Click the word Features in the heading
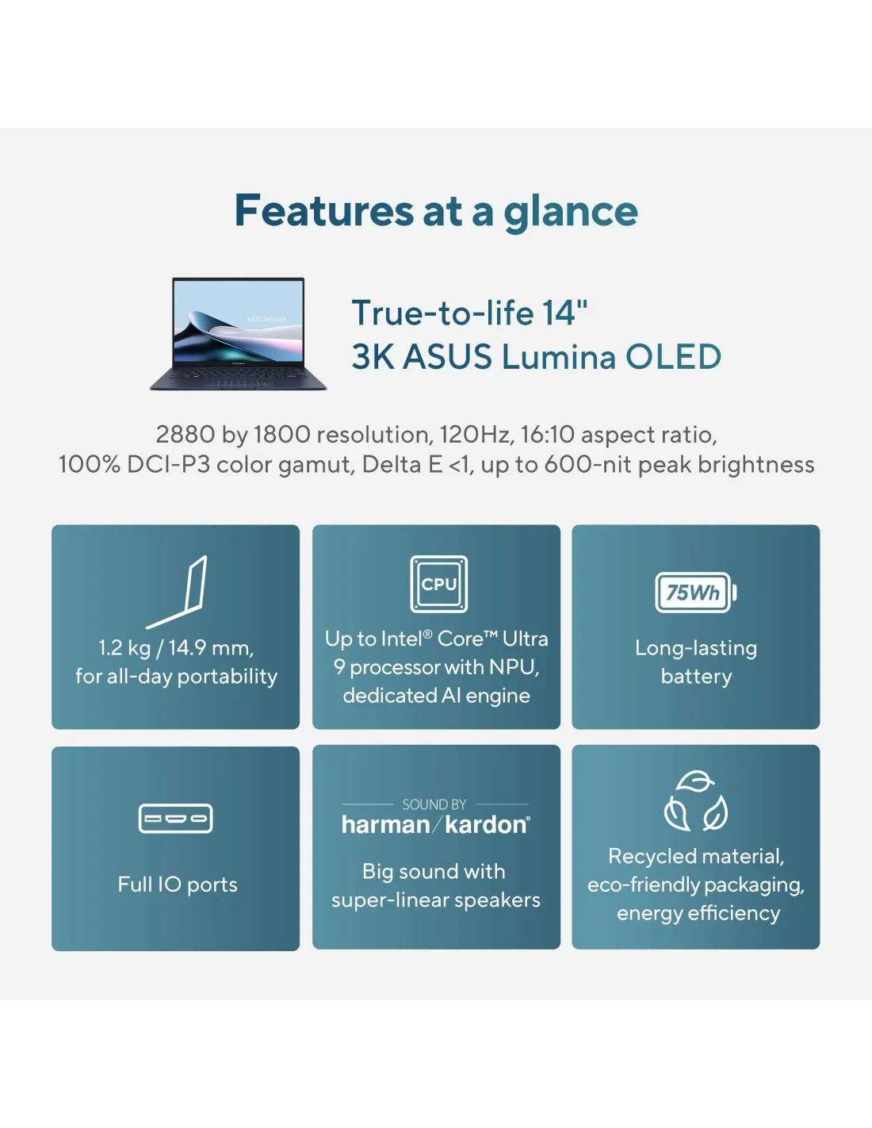click(x=323, y=211)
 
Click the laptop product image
click(x=238, y=334)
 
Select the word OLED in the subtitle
click(x=673, y=357)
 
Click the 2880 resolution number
click(x=185, y=435)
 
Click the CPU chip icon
click(x=439, y=584)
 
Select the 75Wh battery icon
click(x=696, y=593)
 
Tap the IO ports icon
click(x=175, y=819)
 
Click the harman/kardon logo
click(x=436, y=825)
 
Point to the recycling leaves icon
click(x=696, y=801)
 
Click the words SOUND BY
click(x=434, y=804)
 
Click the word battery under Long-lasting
click(x=697, y=677)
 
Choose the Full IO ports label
click(x=178, y=884)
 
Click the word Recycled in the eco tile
click(x=649, y=857)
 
